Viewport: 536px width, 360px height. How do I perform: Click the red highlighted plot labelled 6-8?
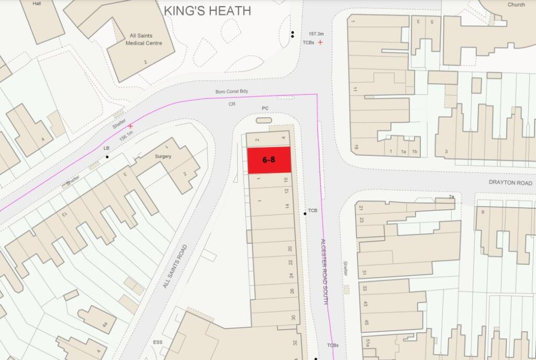tap(269, 160)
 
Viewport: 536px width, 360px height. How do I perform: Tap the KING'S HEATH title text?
tap(207, 10)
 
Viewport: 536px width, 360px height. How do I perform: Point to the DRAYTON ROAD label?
tap(510, 183)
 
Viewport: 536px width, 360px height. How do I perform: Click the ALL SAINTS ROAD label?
tap(174, 267)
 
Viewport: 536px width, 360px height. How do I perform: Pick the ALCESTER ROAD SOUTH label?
tap(325, 272)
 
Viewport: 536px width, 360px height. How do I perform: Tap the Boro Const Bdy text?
tap(232, 92)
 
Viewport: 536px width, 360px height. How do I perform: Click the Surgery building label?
tap(163, 156)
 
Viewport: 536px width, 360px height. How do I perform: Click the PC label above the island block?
tap(265, 108)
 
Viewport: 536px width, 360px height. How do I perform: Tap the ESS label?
tap(158, 343)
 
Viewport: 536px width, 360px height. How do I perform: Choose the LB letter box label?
tap(107, 149)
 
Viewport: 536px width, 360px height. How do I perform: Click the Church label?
tap(516, 5)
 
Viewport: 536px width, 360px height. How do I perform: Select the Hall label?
tap(37, 3)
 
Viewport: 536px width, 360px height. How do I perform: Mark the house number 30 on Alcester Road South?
tap(294, 318)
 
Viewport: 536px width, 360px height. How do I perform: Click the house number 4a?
tap(105, 325)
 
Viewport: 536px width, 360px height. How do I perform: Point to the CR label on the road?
tap(232, 104)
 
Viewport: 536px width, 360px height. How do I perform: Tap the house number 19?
tap(355, 148)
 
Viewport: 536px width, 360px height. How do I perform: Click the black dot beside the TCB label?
tap(305, 213)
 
